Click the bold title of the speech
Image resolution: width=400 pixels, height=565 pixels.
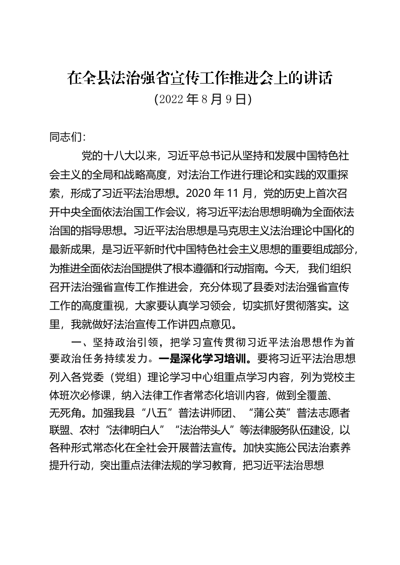(200, 78)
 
